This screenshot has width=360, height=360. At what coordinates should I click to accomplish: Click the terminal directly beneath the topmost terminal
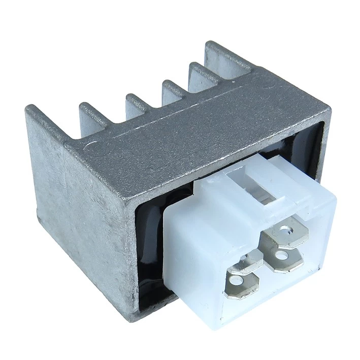click(x=285, y=258)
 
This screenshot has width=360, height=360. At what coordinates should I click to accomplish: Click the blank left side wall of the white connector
click(x=193, y=264)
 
